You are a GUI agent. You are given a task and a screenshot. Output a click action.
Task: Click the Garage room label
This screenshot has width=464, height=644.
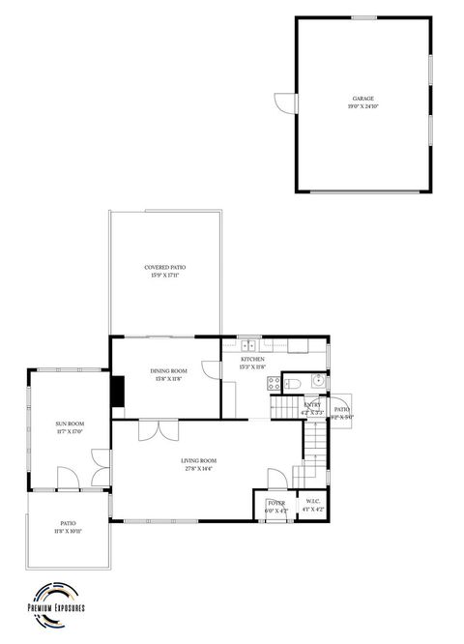click(362, 99)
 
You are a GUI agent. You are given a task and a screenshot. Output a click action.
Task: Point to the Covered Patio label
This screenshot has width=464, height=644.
click(165, 267)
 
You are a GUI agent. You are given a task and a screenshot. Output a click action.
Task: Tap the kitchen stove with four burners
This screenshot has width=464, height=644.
click(275, 383)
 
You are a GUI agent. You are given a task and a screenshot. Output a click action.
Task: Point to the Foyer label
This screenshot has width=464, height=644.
click(276, 502)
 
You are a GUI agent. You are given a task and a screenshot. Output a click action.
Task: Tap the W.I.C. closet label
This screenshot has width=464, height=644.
click(313, 501)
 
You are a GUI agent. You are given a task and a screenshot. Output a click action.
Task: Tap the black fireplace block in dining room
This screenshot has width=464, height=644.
click(117, 392)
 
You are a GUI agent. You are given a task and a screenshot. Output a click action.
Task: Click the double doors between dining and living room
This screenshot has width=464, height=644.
click(157, 429)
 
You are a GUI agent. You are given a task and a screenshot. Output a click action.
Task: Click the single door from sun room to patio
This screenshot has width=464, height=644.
click(68, 480)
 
